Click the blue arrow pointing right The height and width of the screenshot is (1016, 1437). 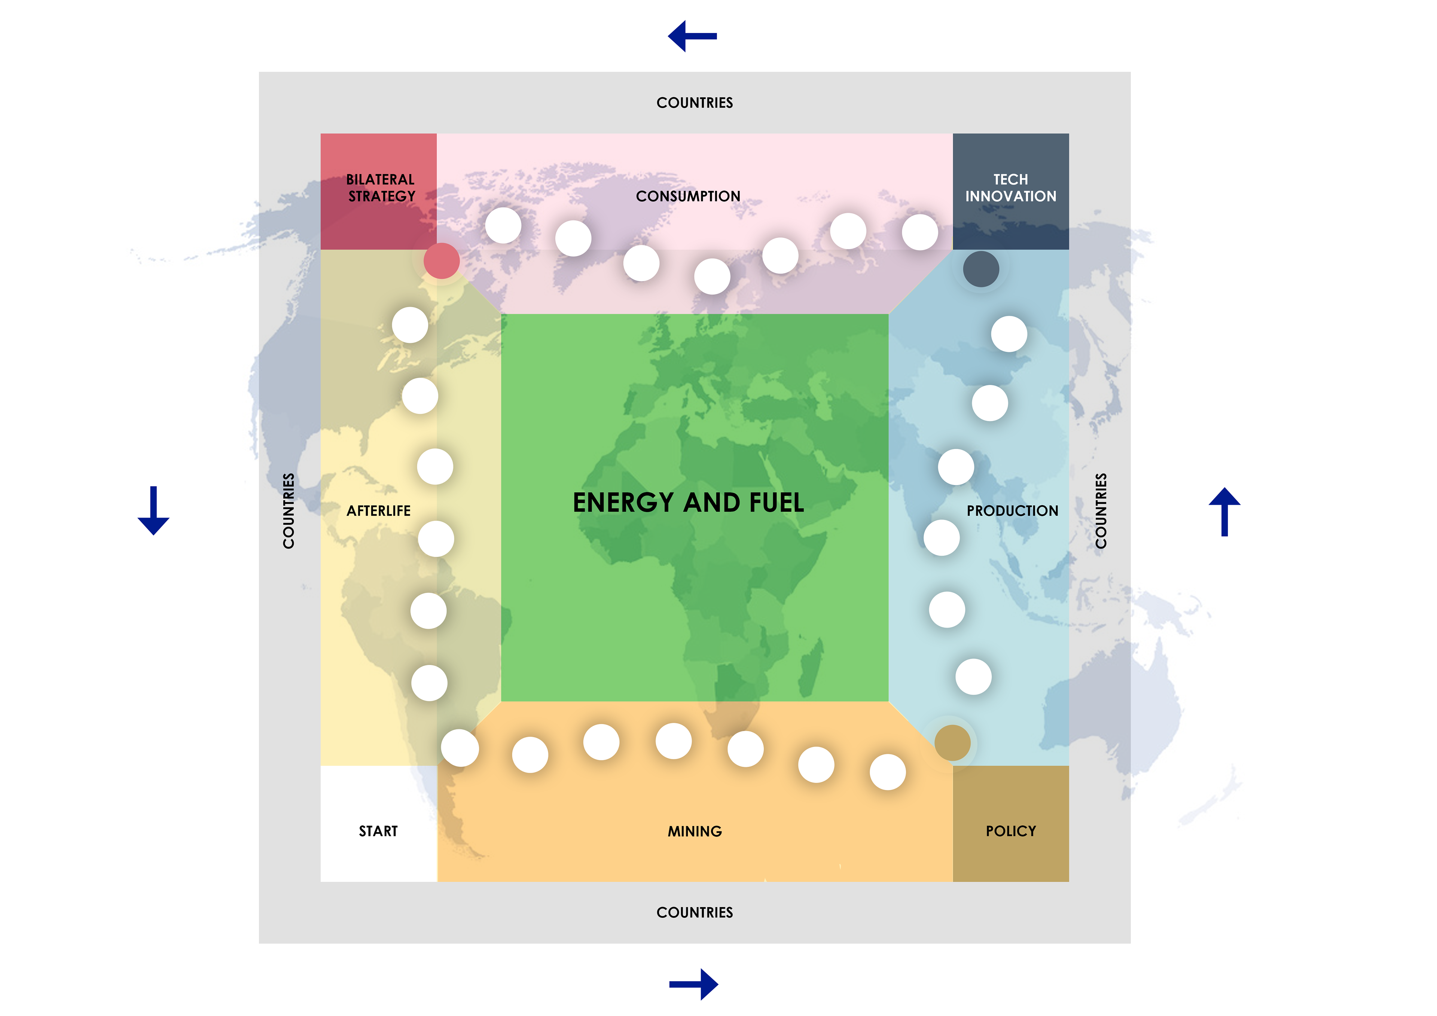click(693, 984)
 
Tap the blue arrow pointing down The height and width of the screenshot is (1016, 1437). click(153, 510)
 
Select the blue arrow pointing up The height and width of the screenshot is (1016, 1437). click(1224, 512)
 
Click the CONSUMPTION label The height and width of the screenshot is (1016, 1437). click(688, 196)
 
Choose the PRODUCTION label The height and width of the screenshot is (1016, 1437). click(1012, 511)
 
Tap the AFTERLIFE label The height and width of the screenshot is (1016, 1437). click(379, 511)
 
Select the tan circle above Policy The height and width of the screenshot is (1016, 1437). click(952, 742)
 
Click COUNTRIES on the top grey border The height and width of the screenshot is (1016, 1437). click(694, 103)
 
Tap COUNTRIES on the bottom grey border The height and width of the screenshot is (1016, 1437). click(694, 912)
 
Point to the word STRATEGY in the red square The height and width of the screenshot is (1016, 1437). click(382, 196)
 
